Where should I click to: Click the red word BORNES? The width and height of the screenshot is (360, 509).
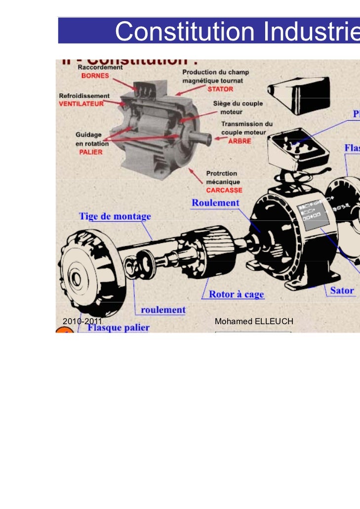click(x=95, y=77)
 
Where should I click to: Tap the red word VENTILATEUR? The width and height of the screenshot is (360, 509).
click(x=81, y=104)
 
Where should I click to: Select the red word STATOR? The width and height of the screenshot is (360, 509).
click(x=220, y=89)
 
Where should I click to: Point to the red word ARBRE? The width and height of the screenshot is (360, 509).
click(x=239, y=141)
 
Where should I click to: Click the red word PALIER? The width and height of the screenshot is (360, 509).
click(x=91, y=152)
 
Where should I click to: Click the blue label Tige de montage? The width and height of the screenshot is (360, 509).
click(x=115, y=216)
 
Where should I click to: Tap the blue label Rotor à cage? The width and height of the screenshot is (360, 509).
click(x=236, y=295)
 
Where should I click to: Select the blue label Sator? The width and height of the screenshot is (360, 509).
click(x=342, y=290)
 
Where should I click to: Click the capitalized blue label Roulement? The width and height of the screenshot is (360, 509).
click(x=215, y=203)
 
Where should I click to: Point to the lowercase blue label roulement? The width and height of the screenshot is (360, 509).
click(x=163, y=310)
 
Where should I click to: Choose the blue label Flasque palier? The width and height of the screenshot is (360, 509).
click(x=119, y=327)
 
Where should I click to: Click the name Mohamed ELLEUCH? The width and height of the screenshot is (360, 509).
click(x=254, y=322)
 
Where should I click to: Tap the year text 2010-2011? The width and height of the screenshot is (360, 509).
click(x=82, y=322)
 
